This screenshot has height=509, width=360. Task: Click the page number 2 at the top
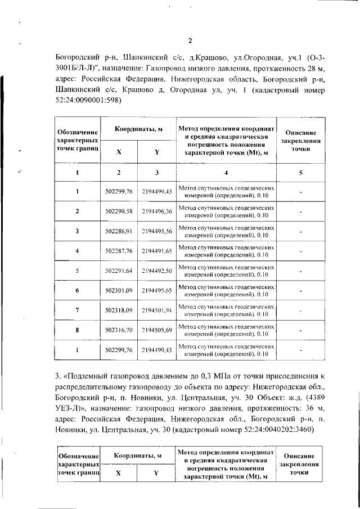point(190,40)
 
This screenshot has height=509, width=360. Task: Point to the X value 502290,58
point(119,211)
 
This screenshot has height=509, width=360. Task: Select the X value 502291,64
point(119,271)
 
